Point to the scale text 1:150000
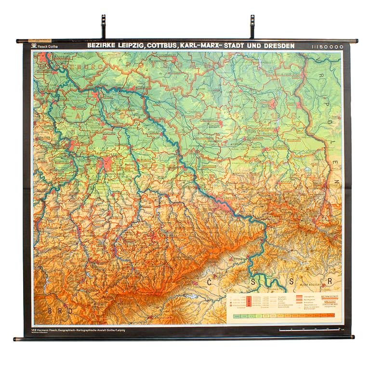tap(328, 47)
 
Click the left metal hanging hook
tap(103, 26)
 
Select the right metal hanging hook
tap(252, 26)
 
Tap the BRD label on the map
tap(60, 311)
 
